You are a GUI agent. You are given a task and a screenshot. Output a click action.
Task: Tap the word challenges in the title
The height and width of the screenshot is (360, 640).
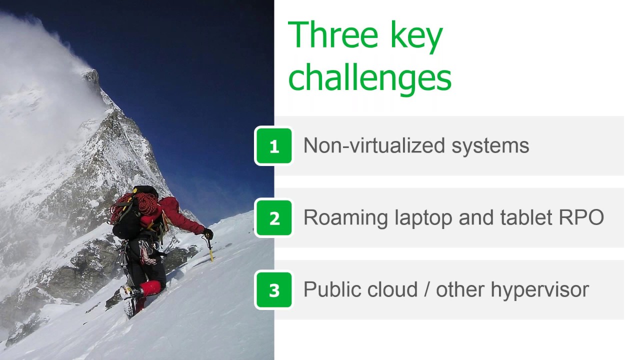click(369, 79)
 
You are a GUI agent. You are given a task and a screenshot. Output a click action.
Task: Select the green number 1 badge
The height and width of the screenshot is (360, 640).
click(274, 146)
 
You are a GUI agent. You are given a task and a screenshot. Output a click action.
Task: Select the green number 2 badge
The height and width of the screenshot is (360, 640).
click(274, 218)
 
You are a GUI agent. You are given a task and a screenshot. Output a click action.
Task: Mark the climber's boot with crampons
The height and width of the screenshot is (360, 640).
click(129, 300)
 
